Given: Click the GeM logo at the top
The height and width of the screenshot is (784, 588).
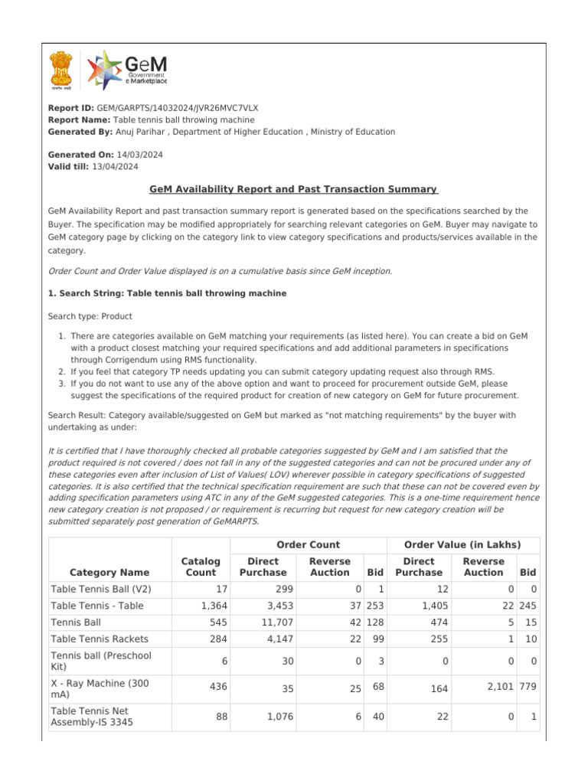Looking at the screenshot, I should point(127,70).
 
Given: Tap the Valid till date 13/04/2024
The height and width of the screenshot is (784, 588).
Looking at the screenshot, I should point(115,166).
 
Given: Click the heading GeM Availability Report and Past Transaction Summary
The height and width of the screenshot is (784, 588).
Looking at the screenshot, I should point(293,189).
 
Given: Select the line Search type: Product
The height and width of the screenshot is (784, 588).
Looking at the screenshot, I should point(90,316).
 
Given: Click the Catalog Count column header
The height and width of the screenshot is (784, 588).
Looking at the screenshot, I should point(200,567).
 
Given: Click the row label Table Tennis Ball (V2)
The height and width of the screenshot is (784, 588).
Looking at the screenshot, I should point(100,589).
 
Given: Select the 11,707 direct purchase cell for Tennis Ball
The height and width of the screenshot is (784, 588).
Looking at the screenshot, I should point(269,622).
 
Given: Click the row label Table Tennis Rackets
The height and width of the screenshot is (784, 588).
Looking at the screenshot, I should point(100,639).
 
